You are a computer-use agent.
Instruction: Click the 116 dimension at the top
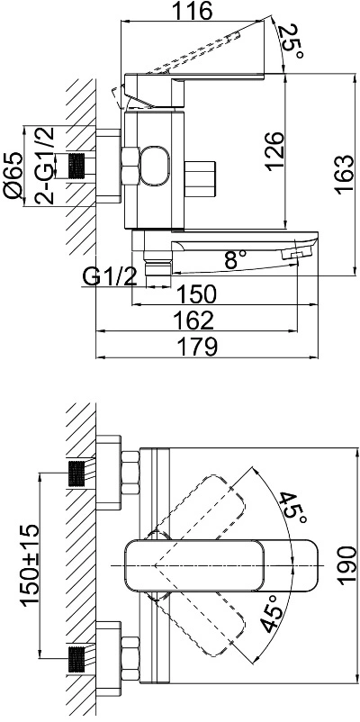pos(193,11)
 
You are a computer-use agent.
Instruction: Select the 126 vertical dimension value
pos(274,151)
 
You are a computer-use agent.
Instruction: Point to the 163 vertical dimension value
pos(345,174)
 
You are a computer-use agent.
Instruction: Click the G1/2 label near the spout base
pos(111,276)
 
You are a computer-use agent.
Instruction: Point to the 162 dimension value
pos(194,320)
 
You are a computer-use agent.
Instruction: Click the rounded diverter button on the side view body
pos(154,167)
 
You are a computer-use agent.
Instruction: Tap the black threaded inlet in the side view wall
pos(77,167)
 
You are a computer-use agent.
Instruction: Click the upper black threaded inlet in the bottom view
pos(77,473)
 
